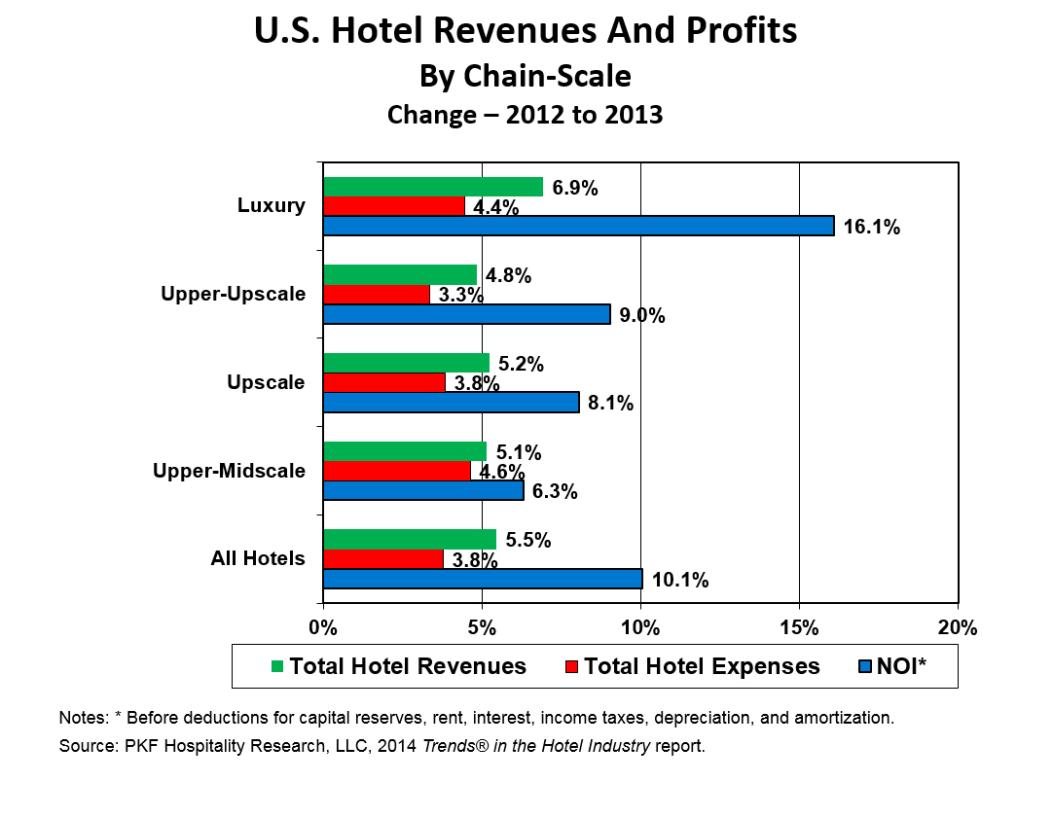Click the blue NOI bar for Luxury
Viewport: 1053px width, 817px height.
click(578, 226)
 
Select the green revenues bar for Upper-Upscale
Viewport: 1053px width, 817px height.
click(400, 275)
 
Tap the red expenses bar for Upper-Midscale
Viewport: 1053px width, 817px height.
click(396, 471)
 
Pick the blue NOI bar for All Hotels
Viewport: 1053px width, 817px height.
click(483, 579)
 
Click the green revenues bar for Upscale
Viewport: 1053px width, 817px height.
click(406, 363)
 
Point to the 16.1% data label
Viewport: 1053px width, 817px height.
click(872, 228)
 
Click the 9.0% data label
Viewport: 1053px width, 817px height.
click(641, 315)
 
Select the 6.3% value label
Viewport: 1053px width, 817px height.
click(555, 492)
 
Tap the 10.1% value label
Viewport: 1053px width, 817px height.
click(680, 581)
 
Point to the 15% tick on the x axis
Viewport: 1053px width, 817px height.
click(799, 627)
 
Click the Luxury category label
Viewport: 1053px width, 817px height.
click(272, 206)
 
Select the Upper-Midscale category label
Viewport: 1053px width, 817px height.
click(230, 472)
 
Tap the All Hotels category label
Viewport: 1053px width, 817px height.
click(259, 559)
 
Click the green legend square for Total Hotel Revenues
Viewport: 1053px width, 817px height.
click(277, 666)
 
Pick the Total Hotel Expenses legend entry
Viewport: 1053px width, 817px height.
click(692, 666)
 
